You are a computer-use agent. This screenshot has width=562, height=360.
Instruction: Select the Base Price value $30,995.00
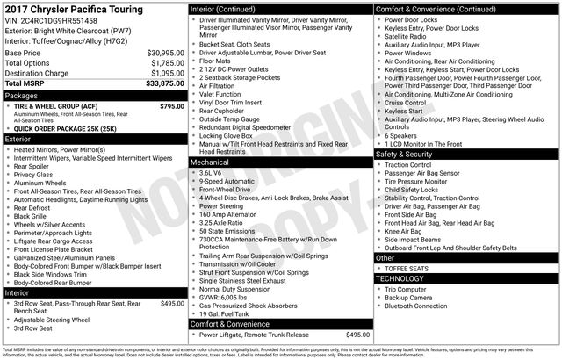pos(165,54)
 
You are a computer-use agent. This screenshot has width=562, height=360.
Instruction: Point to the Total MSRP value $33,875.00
pos(164,83)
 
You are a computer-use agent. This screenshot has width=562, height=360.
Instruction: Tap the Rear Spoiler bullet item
pos(36,166)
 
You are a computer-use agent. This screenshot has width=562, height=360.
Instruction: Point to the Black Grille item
pos(33,216)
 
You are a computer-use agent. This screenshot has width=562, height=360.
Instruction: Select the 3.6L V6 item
pos(212,174)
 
